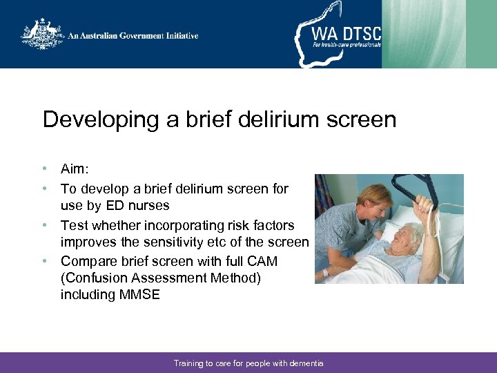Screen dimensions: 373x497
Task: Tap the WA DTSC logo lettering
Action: click(x=346, y=32)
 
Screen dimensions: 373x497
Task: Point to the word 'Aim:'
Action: click(x=75, y=170)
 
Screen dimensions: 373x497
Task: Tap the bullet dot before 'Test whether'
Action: click(x=45, y=225)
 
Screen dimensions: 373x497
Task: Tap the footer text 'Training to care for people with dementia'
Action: click(x=248, y=363)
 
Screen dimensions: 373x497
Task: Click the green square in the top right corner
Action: click(x=481, y=34)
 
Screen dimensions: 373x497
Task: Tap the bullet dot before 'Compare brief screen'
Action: click(x=45, y=261)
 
